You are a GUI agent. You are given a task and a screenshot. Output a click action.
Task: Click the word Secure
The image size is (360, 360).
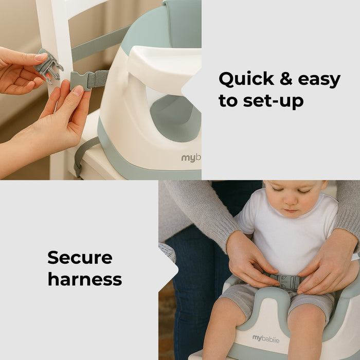tap(80, 257)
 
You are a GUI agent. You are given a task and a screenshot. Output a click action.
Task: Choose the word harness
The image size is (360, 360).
tap(85, 279)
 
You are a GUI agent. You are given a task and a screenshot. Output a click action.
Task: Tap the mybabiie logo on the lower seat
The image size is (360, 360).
tap(266, 338)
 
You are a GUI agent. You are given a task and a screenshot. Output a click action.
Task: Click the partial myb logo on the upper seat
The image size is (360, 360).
tap(191, 158)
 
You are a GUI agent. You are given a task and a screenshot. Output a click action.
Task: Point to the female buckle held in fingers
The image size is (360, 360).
tap(49, 65)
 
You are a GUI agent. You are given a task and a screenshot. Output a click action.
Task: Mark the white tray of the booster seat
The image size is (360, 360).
tap(165, 64)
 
